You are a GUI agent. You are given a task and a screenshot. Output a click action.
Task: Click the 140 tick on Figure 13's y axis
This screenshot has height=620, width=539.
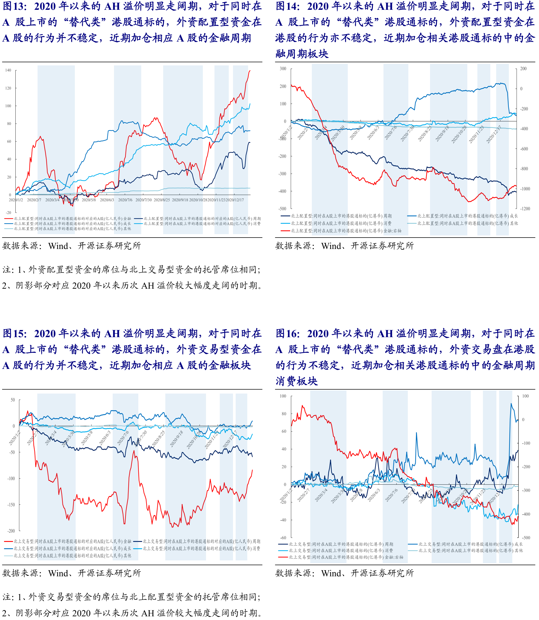(8, 70)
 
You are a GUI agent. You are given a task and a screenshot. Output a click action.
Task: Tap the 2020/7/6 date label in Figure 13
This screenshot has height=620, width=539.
(125, 200)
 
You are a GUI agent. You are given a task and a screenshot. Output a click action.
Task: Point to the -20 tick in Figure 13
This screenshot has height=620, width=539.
(8, 213)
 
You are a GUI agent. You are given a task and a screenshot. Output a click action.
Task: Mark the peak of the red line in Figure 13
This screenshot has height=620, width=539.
(250, 70)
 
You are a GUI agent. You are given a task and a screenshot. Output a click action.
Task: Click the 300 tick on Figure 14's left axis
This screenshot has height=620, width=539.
(283, 69)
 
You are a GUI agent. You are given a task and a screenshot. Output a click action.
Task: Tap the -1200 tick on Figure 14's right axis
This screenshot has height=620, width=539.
(525, 209)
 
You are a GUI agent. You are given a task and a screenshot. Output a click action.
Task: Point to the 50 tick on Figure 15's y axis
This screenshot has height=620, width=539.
(13, 400)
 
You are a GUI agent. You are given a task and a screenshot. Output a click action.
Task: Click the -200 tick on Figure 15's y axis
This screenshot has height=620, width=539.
(11, 531)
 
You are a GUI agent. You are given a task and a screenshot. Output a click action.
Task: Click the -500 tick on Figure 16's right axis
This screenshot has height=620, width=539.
(526, 537)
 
